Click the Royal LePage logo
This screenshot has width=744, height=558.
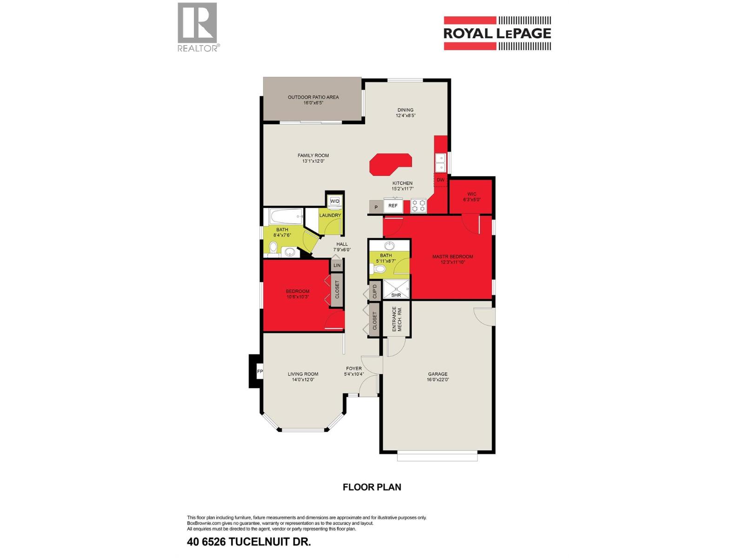pos(497,33)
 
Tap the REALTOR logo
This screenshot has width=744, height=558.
pos(198,27)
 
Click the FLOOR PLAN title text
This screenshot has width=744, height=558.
pos(372,487)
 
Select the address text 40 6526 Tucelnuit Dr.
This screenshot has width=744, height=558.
pos(248,541)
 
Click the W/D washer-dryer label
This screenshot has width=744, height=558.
pos(334,201)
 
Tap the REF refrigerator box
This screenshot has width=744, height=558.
pos(393,206)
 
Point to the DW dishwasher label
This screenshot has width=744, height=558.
pos(440,180)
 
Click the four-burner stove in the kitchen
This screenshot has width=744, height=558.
pos(418,206)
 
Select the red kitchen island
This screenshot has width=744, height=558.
pos(391,164)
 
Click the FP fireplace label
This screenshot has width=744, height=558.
pos(259,372)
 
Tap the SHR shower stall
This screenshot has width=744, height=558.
pos(396,289)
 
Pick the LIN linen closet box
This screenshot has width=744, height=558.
pos(337,265)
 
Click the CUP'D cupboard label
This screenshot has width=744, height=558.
pos(374,290)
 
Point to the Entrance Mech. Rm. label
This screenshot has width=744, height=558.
pos(397,319)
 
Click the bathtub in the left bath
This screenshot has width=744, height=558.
pos(286,216)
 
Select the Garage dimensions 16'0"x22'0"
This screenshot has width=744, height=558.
pos(438,379)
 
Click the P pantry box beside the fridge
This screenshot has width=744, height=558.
pos(376,207)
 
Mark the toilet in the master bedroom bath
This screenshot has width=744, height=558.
pos(378,269)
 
